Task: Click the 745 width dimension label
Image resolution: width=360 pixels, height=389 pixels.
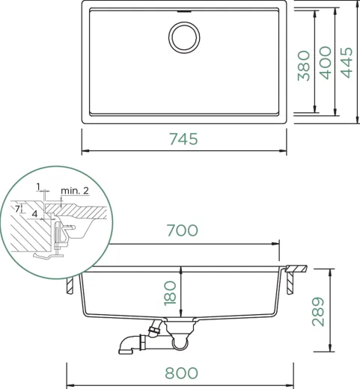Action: click(x=184, y=139)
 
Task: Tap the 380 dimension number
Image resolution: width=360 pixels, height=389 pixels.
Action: click(x=304, y=66)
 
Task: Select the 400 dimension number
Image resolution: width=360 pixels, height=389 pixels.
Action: click(x=326, y=63)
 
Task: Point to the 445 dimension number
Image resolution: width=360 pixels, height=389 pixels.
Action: click(x=347, y=63)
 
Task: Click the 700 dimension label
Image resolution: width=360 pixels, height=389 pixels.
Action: click(x=183, y=230)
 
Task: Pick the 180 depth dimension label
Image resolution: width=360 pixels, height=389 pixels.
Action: click(x=170, y=293)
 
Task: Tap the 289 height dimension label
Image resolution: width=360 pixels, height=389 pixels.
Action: click(x=318, y=311)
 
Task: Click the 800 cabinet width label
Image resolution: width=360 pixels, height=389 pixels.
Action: click(x=181, y=373)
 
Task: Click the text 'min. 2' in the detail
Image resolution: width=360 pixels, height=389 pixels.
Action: click(x=75, y=191)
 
